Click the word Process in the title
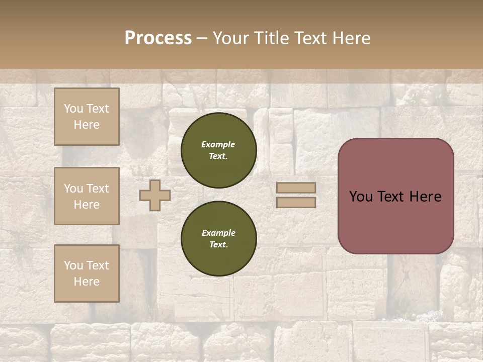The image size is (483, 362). (158, 38)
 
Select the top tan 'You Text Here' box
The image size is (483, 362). (87, 117)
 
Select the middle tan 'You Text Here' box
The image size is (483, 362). (87, 196)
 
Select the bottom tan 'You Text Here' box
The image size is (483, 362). (87, 273)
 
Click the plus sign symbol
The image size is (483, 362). (154, 195)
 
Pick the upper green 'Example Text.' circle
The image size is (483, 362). (218, 150)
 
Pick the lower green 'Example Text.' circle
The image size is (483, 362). (218, 238)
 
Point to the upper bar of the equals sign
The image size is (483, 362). (296, 188)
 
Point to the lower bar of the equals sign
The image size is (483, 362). (296, 202)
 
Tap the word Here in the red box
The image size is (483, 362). (425, 197)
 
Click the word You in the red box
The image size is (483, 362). (361, 197)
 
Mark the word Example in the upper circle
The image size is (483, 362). (218, 144)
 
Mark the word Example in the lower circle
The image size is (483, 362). (218, 233)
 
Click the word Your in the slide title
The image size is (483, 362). (232, 38)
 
